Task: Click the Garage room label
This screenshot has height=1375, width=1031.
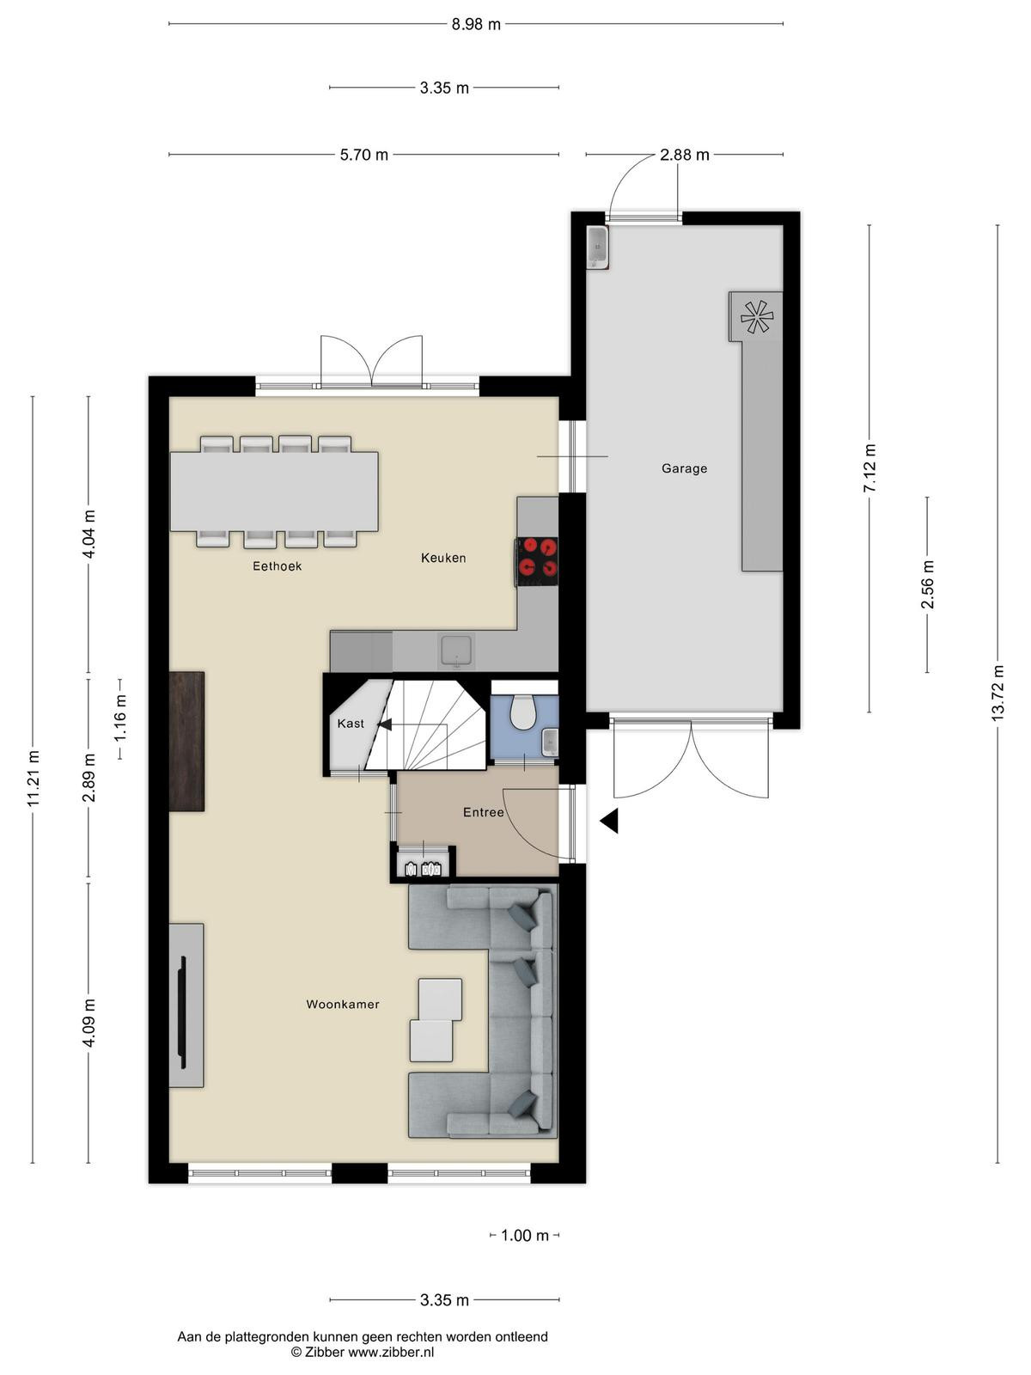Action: [684, 468]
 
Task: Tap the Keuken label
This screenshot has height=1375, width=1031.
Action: [443, 558]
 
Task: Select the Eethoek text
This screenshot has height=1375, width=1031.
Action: [278, 565]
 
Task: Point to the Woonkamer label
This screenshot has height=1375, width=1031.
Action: [343, 1004]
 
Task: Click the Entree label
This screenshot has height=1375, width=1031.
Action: [483, 812]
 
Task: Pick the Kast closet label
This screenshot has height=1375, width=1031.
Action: [351, 724]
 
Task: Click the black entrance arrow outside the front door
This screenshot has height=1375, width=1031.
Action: [610, 821]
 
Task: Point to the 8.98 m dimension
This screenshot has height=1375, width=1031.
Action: [476, 24]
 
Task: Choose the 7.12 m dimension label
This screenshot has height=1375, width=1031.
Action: [869, 468]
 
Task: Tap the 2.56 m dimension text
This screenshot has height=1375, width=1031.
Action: [927, 584]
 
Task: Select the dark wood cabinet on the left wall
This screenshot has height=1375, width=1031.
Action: [186, 742]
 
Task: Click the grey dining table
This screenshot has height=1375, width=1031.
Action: [274, 492]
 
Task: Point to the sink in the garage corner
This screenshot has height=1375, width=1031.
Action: [598, 247]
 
